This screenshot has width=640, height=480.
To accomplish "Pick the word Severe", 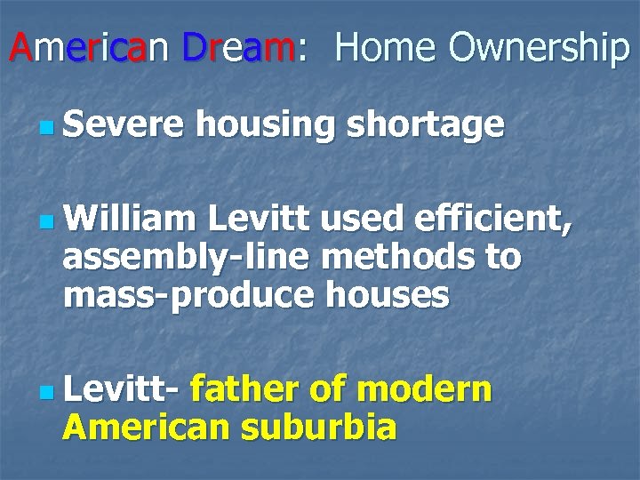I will pos(123,124).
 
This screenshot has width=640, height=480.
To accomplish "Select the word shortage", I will pos(425,126).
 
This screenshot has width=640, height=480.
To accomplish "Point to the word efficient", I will pos(490,215).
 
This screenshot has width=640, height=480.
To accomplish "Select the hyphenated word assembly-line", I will pos(186,257).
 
